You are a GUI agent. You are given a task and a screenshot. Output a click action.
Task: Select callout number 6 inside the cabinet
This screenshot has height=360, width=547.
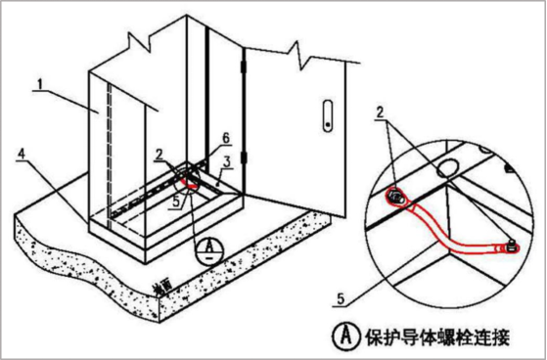click(224, 138)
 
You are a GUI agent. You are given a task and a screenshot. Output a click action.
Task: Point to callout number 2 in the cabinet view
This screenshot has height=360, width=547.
click(159, 155)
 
